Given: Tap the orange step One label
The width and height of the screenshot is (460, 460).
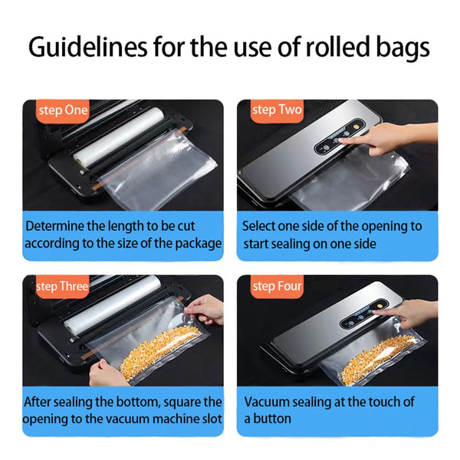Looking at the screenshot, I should click(x=64, y=110).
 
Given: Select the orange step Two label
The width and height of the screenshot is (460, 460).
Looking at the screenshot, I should click(x=277, y=110).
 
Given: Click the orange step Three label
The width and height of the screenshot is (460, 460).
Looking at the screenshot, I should click(x=63, y=287).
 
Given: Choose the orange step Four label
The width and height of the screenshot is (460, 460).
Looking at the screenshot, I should click(x=277, y=287).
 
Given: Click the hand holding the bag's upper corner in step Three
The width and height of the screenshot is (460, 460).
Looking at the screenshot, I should click(x=205, y=308).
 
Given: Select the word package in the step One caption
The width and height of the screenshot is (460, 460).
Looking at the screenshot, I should click(x=197, y=244).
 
